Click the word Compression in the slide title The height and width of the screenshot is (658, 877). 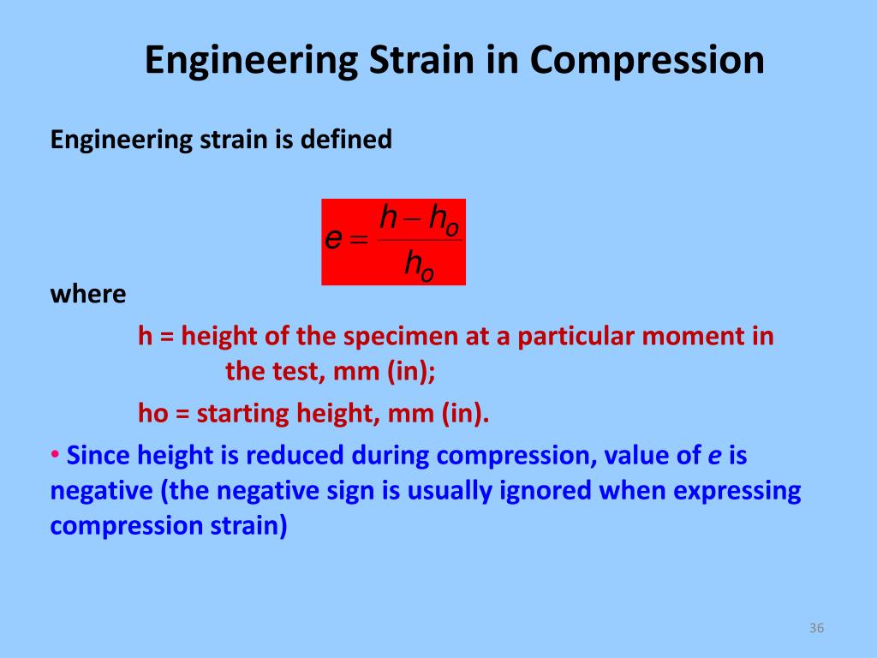647,61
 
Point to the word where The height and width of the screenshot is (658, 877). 88,295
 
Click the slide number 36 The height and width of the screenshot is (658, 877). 815,630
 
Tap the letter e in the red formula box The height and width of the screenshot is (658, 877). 334,239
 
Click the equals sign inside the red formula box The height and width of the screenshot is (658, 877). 359,241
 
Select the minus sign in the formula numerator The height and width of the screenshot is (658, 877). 413,219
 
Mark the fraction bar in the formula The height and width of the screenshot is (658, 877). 420,240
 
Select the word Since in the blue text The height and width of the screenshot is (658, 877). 98,456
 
